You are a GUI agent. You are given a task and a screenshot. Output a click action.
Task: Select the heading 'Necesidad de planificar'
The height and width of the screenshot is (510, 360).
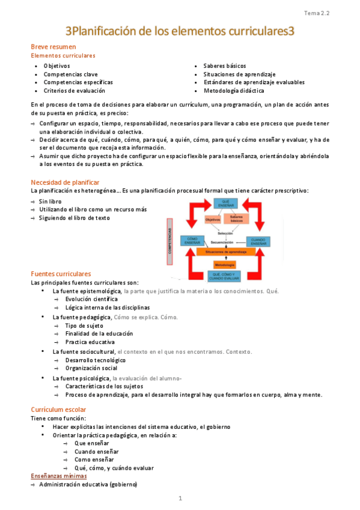tap(65, 182)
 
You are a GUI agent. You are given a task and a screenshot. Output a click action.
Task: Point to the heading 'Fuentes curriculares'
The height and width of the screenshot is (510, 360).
tap(61, 274)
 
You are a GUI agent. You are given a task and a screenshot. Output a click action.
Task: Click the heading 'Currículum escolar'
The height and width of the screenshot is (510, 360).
tap(59, 410)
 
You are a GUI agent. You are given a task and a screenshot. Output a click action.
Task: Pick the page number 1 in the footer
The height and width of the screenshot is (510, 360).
tap(180, 499)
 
